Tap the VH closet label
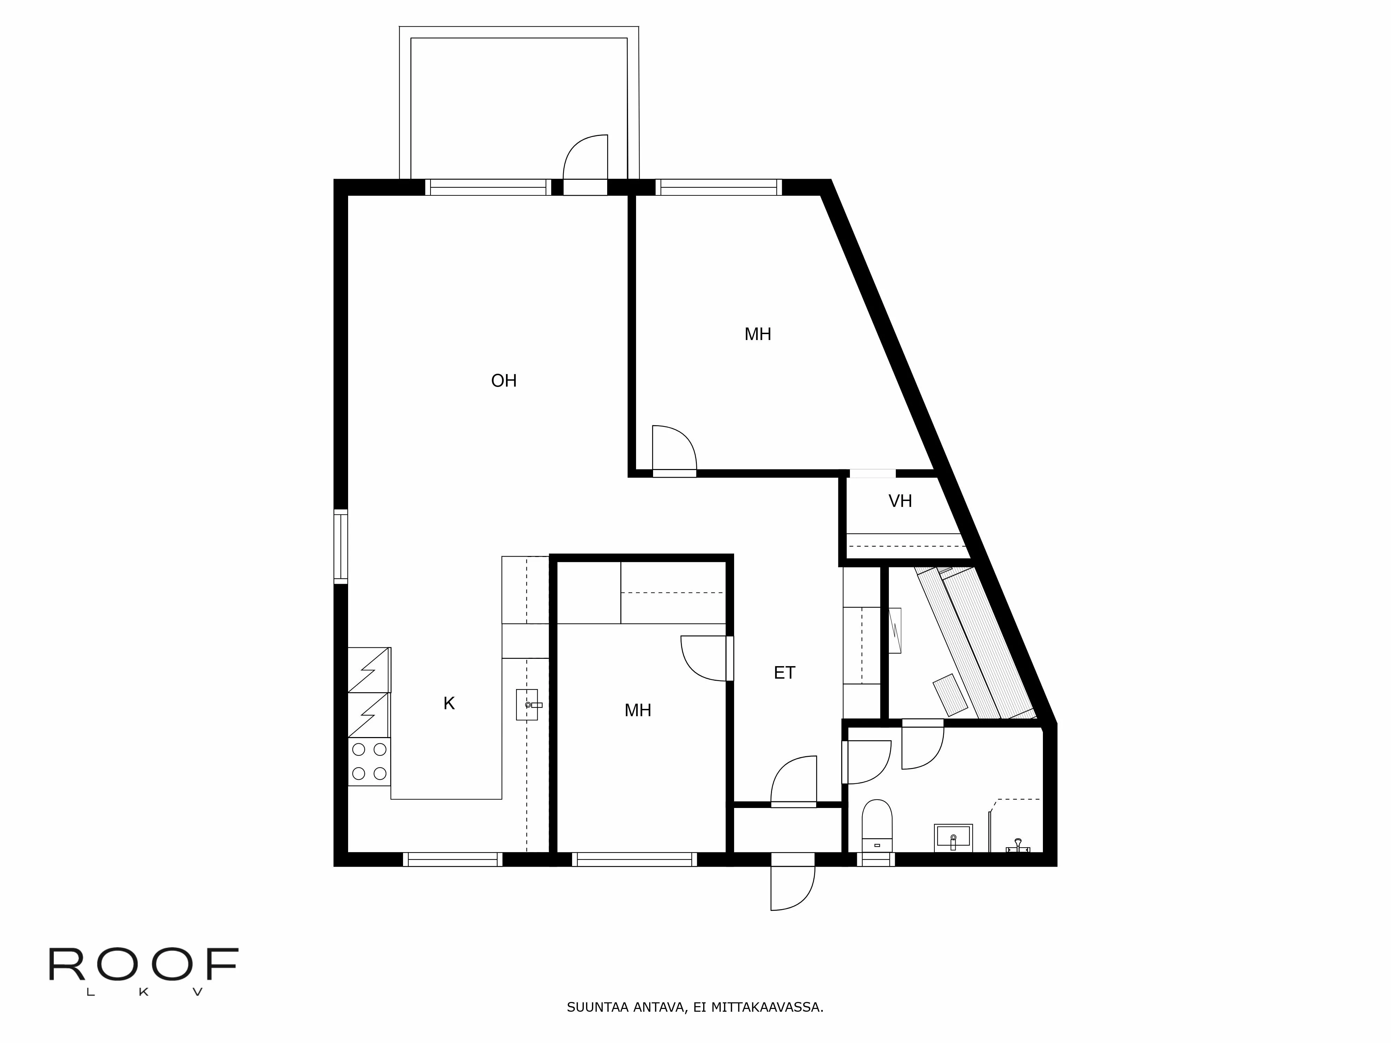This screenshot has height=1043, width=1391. (x=900, y=501)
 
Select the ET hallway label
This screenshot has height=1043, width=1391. (x=784, y=673)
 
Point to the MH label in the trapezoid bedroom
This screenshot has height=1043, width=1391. (x=758, y=334)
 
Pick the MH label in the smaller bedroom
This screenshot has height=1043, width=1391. (x=638, y=710)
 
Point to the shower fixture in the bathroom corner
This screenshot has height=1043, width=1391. (x=1018, y=844)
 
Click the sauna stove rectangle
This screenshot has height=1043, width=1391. (x=950, y=695)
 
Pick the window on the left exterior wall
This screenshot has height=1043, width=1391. (x=340, y=546)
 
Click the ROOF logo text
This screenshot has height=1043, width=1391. (x=143, y=965)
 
